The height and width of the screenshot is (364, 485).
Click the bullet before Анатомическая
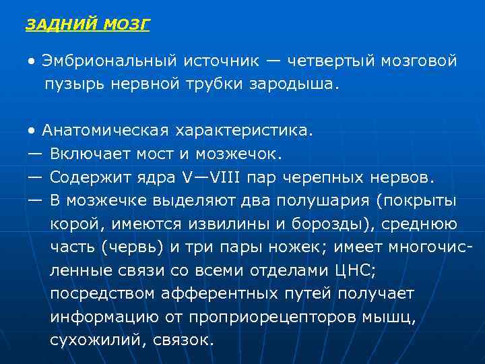[32, 130]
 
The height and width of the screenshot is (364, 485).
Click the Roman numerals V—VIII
[216, 178]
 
